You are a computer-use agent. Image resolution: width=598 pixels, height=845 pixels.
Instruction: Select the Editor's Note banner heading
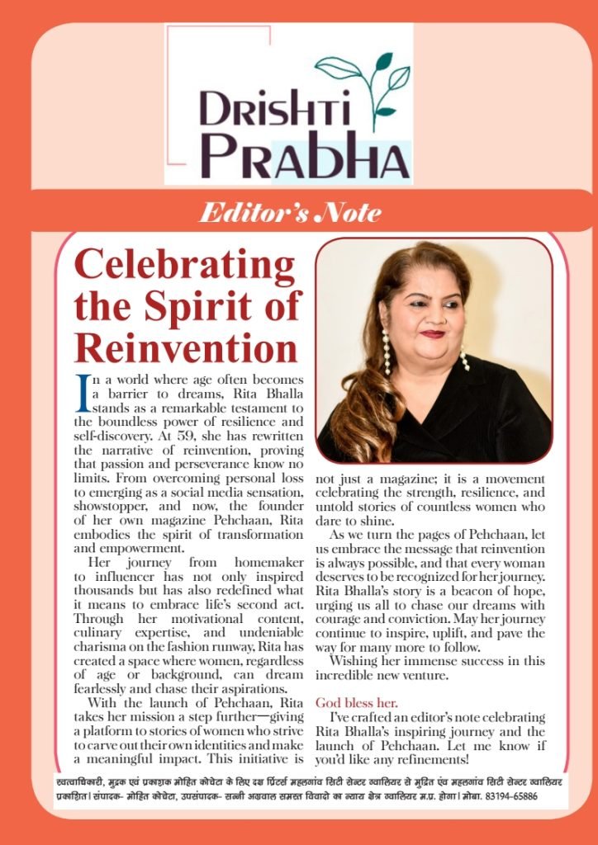[290, 213]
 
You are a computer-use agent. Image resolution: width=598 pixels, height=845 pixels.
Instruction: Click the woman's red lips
[432, 333]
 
